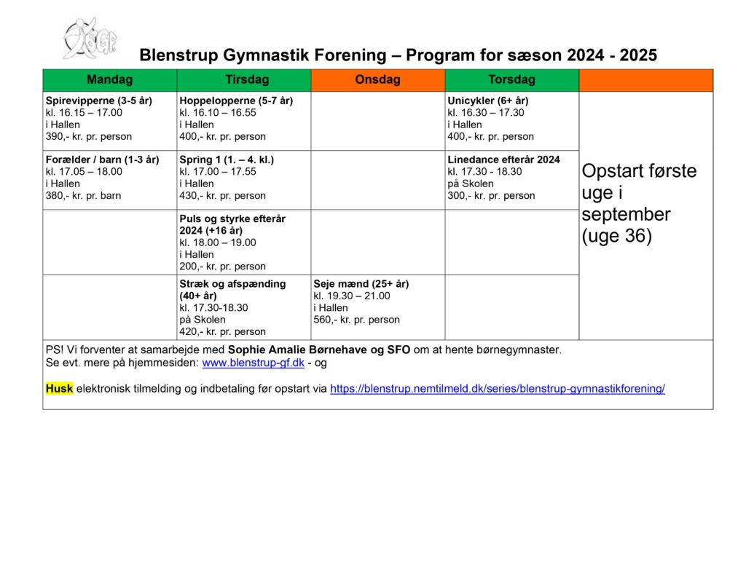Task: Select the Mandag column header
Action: click(109, 79)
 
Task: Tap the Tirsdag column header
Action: click(243, 79)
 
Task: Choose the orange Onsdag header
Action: click(377, 79)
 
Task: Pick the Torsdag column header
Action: click(511, 79)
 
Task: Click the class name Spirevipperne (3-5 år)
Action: click(98, 100)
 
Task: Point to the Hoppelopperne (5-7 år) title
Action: click(235, 100)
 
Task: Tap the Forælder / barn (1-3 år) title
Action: click(102, 159)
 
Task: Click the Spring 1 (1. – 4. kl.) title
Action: click(227, 159)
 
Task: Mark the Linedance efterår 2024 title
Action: click(503, 159)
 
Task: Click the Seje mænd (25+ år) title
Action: click(361, 284)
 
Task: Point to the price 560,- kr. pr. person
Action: click(356, 319)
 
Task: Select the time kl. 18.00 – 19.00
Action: click(218, 242)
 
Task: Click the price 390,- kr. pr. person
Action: click(88, 136)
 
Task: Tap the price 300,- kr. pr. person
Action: click(491, 195)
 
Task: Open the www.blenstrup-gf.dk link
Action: click(253, 362)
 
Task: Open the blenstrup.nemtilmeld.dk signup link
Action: click(497, 389)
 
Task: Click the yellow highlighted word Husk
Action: click(59, 389)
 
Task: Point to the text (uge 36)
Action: click(616, 236)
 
